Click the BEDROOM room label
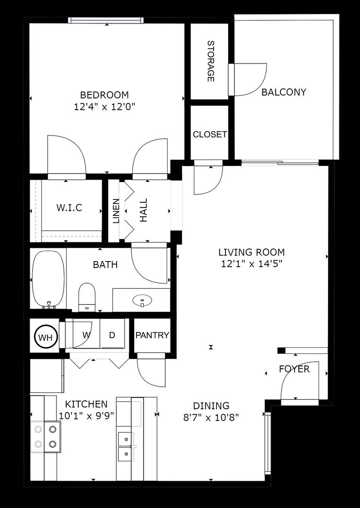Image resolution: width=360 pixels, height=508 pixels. pos(104,95)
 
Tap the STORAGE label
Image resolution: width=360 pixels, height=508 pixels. pos(210,61)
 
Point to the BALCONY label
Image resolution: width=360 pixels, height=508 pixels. pos(284,92)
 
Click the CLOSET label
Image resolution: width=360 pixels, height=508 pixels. pos(209,135)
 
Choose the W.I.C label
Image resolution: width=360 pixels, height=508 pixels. pos(69,207)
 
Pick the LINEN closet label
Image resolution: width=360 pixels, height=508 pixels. pos(116,211)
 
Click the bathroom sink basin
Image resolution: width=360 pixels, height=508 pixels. pos(141,299)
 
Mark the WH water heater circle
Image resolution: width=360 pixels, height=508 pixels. pos(46,337)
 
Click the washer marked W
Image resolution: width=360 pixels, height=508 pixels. pos(86,335)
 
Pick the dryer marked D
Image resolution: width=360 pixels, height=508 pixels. pos(112,335)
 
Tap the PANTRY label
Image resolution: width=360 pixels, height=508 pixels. pos(152,335)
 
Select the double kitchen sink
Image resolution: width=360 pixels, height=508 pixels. pos(125,447)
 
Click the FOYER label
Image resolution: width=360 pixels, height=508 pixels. pos(294,369)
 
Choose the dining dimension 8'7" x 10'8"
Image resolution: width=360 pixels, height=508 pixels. pos(211,417)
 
